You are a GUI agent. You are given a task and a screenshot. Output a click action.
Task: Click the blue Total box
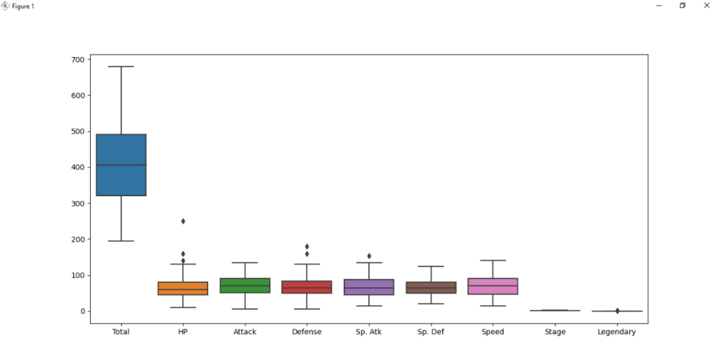point(121,165)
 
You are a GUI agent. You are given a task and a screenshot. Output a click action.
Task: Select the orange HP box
point(183,288)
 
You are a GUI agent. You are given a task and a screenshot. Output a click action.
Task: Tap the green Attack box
point(245,285)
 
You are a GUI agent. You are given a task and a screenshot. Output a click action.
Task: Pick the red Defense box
point(307,287)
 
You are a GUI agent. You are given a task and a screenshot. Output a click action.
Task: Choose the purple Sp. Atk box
point(368,287)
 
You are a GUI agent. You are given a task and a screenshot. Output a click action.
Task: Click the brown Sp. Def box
point(430,288)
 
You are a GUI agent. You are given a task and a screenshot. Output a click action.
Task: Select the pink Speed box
point(492,286)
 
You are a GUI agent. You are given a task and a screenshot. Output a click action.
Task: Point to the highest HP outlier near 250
point(183,221)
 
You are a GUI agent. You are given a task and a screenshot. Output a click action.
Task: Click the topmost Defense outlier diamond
point(307,247)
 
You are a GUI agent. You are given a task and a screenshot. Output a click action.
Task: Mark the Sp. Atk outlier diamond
point(368,256)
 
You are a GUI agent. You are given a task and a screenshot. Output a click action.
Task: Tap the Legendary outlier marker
point(617,311)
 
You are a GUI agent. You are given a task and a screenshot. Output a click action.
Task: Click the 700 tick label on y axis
point(77,60)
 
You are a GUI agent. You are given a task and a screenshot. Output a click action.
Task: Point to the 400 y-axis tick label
point(77,167)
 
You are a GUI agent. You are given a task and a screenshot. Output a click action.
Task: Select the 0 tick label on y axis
point(82,311)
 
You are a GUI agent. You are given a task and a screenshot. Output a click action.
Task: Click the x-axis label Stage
point(555,332)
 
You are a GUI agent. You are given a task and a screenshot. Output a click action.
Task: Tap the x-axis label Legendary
point(617,332)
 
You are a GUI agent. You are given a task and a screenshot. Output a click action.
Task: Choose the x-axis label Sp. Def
point(430,332)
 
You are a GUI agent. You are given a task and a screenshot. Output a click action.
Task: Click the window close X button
point(707,6)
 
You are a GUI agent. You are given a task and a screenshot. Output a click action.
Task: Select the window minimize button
point(659,6)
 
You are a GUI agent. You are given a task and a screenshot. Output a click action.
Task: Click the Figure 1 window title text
point(22,6)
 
